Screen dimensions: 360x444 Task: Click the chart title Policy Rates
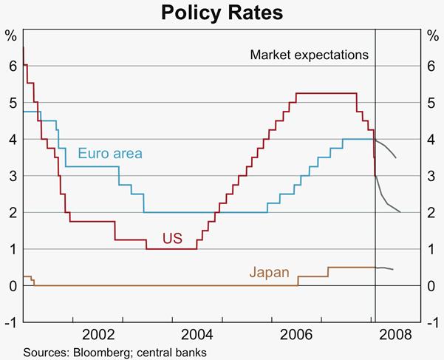pyautogui.click(x=222, y=13)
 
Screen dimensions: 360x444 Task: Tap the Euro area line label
pyautogui.click(x=110, y=154)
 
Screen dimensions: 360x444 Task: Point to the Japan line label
pyautogui.click(x=269, y=272)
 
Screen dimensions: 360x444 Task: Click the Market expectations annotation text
pyautogui.click(x=309, y=55)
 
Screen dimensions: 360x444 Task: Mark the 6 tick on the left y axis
pyautogui.click(x=11, y=67)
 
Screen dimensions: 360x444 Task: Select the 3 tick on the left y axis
pyautogui.click(x=11, y=176)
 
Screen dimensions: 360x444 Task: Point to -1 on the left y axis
pyautogui.click(x=10, y=322)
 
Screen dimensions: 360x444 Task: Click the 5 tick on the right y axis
pyautogui.click(x=432, y=103)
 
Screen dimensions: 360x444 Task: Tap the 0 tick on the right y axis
pyautogui.click(x=432, y=286)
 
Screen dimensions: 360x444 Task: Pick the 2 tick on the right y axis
pyautogui.click(x=432, y=213)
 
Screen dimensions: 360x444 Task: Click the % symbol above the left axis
pyautogui.click(x=10, y=35)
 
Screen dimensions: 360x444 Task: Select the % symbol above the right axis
pyautogui.click(x=432, y=35)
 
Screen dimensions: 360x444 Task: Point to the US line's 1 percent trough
pyautogui.click(x=171, y=249)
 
